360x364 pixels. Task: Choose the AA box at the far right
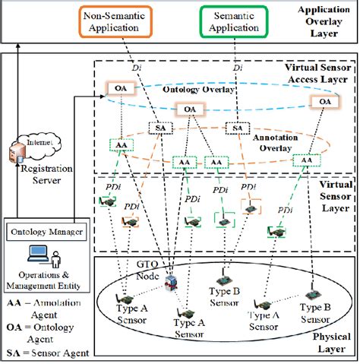click(305, 160)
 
